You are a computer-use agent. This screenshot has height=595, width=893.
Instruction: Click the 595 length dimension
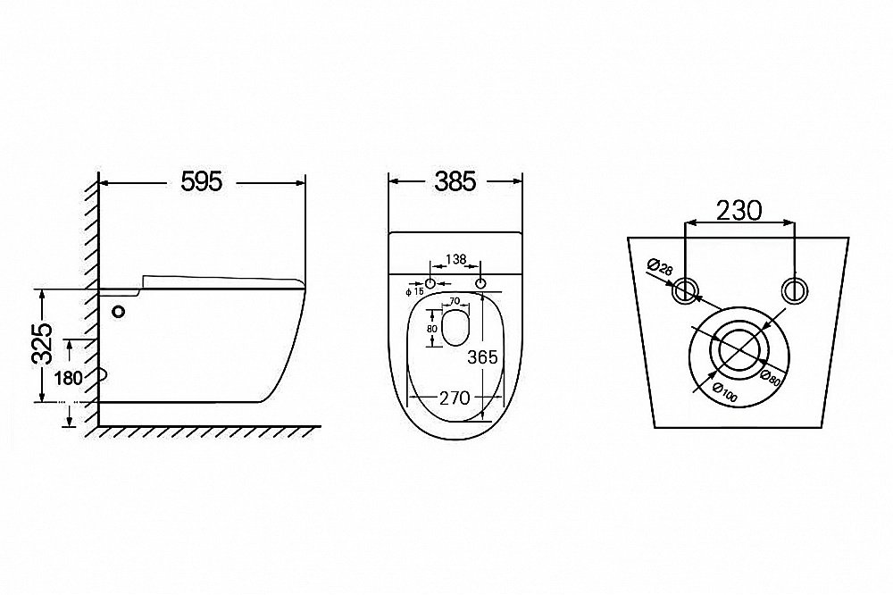202,182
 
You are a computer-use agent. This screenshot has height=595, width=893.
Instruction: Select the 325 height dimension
43,344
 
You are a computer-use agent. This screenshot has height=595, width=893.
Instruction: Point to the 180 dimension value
70,378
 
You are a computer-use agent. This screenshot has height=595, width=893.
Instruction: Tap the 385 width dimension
455,182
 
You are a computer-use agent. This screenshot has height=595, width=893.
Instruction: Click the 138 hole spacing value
455,260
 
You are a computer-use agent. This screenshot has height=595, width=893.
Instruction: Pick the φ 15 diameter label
414,292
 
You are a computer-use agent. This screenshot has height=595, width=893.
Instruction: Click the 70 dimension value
455,301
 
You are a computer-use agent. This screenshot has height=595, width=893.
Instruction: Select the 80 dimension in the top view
431,329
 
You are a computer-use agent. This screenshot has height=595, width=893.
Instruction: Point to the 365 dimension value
482,357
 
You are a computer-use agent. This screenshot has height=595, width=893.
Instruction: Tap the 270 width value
455,398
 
